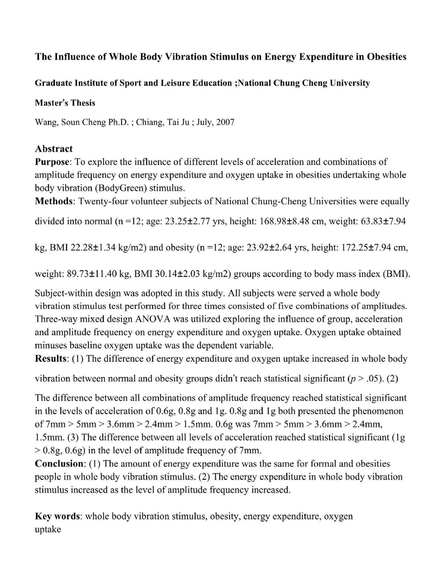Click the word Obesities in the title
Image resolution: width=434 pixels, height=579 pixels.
pyautogui.click(x=386, y=57)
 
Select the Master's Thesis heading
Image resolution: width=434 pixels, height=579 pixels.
pyautogui.click(x=65, y=103)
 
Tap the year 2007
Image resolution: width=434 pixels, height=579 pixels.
pyautogui.click(x=225, y=122)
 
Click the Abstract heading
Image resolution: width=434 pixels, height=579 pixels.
pyautogui.click(x=54, y=149)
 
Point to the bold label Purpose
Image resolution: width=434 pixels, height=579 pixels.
pyautogui.click(x=52, y=162)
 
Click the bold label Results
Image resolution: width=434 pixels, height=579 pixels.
pyautogui.click(x=51, y=359)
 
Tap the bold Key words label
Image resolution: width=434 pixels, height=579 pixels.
pyautogui.click(x=58, y=516)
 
